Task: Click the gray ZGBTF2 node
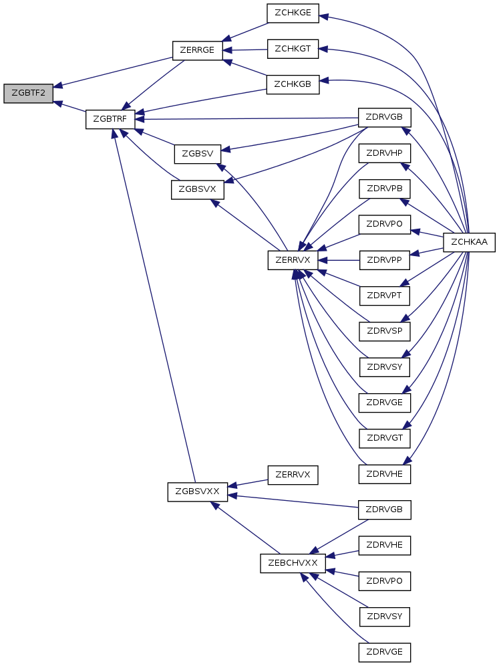(28, 94)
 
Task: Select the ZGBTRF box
(110, 119)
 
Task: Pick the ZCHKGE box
(293, 13)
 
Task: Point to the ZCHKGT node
(293, 49)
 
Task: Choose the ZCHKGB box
(293, 84)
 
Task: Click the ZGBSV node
(197, 153)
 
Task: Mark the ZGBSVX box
(197, 189)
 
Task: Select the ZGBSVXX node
(197, 491)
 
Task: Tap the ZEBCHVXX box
(293, 563)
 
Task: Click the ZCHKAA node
(470, 242)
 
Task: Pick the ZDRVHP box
(384, 153)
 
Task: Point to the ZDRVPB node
(384, 189)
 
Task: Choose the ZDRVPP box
(384, 260)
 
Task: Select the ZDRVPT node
(384, 296)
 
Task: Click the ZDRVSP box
(384, 331)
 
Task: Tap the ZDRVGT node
(384, 439)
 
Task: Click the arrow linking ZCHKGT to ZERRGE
(245, 49)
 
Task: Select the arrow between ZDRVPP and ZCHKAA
(427, 251)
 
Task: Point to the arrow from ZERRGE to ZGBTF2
(113, 72)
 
